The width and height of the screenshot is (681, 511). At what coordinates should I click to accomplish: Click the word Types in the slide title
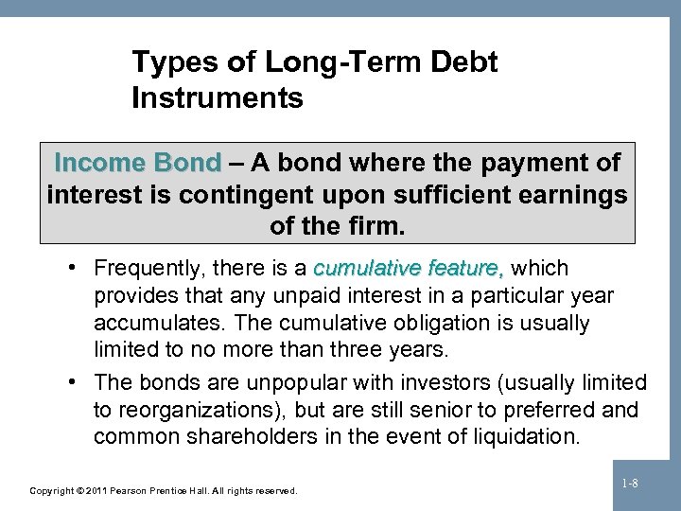(x=166, y=63)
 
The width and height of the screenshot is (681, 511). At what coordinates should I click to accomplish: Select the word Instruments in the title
(x=218, y=97)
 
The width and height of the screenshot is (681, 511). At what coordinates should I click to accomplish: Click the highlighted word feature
(x=467, y=269)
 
